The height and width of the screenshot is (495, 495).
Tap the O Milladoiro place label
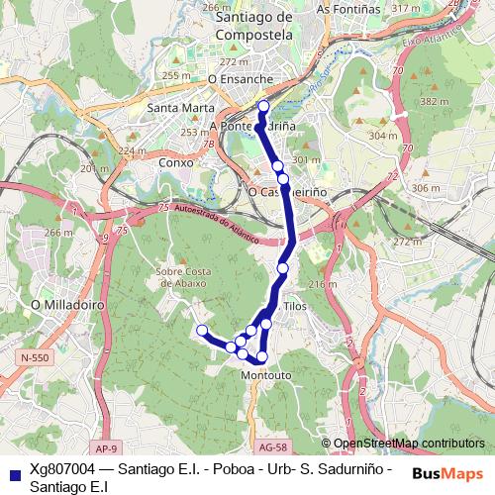point(68,306)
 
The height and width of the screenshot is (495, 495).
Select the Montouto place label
point(265,375)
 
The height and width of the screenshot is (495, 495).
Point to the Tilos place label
point(295,308)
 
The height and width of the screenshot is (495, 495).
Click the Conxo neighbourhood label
point(174,161)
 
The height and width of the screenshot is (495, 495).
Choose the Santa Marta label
point(174,108)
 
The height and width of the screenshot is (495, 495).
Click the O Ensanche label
point(241,76)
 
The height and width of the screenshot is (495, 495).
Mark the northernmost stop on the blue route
point(263,107)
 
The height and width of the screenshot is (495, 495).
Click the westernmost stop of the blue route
point(202,330)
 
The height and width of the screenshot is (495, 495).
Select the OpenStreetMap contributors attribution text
point(409,443)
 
